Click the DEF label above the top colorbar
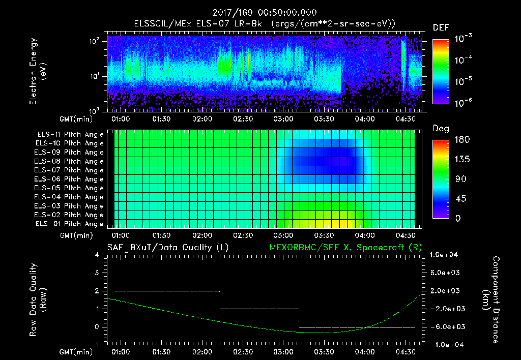point(441,27)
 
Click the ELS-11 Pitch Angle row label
point(70,135)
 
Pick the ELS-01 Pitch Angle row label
point(70,224)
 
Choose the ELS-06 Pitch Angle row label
point(70,179)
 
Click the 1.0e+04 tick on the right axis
point(445,255)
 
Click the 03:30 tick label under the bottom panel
point(324,351)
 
